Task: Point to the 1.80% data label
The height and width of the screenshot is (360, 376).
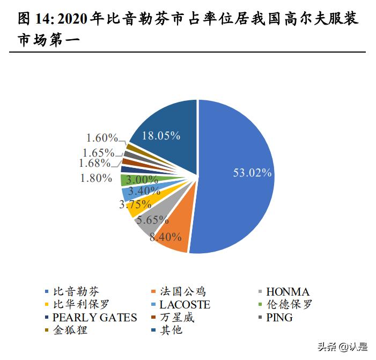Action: click(x=96, y=178)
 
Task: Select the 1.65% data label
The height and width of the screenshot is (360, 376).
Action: click(x=99, y=152)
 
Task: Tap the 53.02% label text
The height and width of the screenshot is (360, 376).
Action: click(x=252, y=173)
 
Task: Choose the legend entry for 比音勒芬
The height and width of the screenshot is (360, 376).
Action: click(x=76, y=292)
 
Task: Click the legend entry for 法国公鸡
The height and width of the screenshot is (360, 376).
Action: click(x=182, y=292)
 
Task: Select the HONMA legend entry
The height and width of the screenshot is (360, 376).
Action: click(x=287, y=292)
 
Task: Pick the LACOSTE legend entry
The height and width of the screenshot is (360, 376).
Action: click(x=185, y=305)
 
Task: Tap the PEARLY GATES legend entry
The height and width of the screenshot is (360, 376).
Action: click(x=94, y=318)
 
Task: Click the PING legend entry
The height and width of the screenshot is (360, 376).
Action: click(x=279, y=318)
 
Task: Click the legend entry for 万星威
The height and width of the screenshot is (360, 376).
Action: click(x=176, y=318)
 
